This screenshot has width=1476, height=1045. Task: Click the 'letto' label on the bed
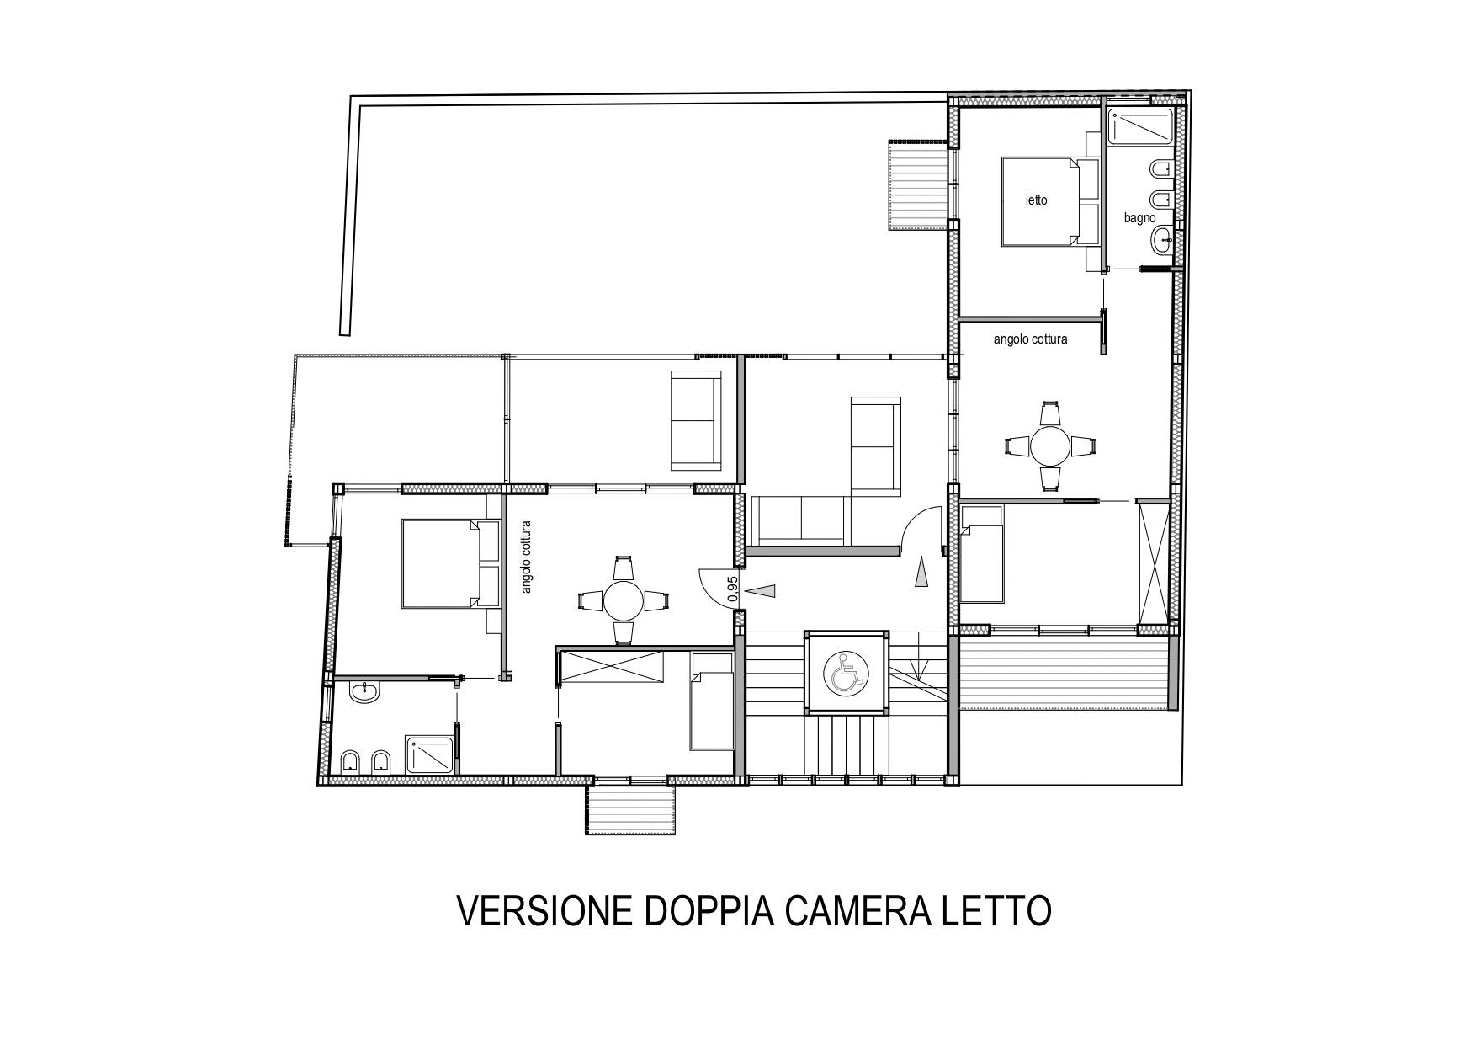click(1036, 200)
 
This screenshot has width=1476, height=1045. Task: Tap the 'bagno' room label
click(1140, 217)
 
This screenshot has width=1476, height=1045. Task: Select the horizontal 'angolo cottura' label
click(1030, 339)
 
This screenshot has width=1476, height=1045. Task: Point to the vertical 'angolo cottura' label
click(527, 557)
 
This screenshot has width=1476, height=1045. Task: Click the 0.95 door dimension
click(732, 588)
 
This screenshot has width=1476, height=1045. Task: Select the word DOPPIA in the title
click(709, 911)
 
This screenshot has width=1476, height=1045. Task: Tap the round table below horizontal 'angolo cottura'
click(1050, 445)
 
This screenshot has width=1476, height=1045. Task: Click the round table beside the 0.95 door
click(623, 600)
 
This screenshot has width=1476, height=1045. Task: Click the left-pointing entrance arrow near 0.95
click(761, 591)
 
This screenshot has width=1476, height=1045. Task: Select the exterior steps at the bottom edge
click(632, 809)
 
